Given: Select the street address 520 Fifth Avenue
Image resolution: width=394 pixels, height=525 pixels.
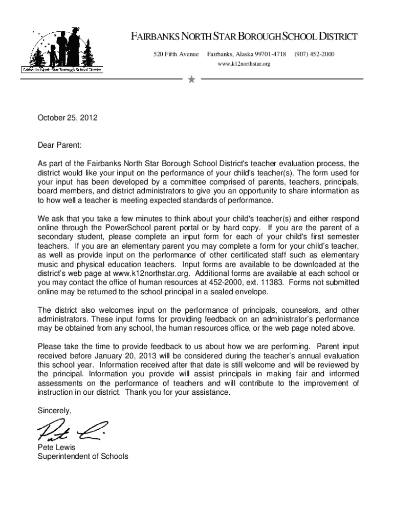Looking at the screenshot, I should click(176, 54).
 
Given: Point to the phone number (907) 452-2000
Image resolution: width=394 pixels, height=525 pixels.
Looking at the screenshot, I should click(314, 54).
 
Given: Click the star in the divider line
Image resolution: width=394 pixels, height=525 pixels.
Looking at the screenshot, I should click(191, 79).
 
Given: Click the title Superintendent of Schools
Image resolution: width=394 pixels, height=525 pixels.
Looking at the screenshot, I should click(83, 456).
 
